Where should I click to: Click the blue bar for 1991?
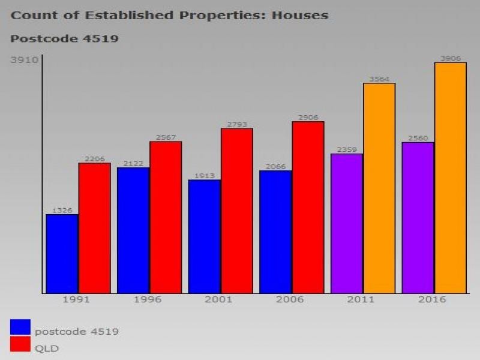click(62, 254)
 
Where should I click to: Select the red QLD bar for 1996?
click(166, 217)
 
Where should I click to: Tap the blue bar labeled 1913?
click(205, 236)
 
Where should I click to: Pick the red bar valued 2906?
click(308, 208)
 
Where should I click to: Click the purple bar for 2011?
click(347, 223)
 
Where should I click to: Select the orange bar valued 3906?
click(451, 178)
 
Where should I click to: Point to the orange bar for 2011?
click(379, 188)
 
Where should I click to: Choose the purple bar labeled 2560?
click(418, 218)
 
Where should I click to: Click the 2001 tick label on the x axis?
click(218, 299)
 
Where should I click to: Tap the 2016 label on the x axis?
click(431, 299)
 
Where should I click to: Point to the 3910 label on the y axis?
click(25, 60)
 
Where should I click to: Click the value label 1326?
click(62, 211)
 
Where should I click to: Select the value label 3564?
click(379, 79)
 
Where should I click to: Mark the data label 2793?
click(237, 124)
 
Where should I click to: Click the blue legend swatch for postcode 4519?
click(20, 327)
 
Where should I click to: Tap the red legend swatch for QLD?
click(20, 344)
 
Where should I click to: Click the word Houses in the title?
click(300, 15)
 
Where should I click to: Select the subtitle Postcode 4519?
click(64, 39)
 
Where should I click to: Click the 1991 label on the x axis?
click(76, 299)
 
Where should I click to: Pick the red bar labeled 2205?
click(94, 228)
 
